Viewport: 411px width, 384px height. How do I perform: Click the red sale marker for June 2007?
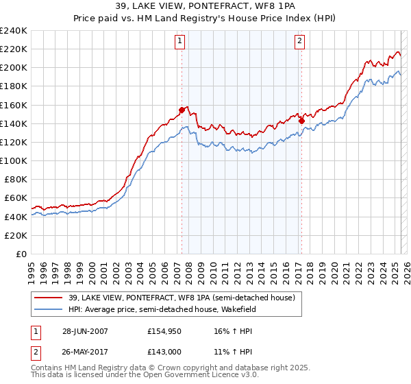[x=182, y=110]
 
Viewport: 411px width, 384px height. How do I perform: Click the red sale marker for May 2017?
[x=301, y=121]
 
